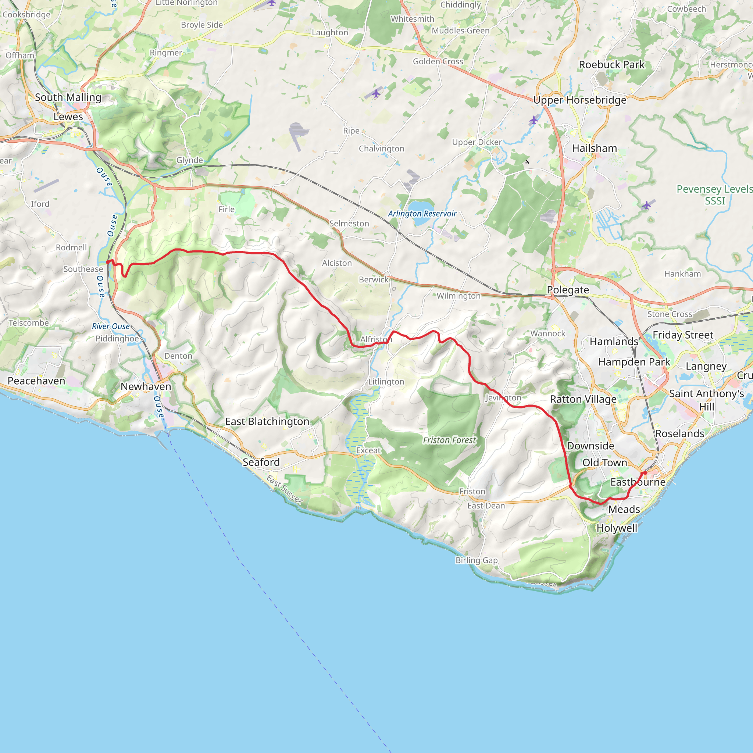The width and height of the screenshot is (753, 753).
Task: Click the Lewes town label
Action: pyautogui.click(x=68, y=117)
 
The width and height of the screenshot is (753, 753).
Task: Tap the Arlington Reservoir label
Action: pyautogui.click(x=422, y=214)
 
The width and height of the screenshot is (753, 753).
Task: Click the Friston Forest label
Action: pyautogui.click(x=449, y=440)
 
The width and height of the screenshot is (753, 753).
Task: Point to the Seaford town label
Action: pyautogui.click(x=261, y=462)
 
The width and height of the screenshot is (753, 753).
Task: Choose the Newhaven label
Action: pyautogui.click(x=146, y=386)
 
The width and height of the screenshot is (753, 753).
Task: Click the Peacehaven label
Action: pyautogui.click(x=36, y=381)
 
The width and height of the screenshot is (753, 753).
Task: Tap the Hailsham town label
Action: pyautogui.click(x=595, y=148)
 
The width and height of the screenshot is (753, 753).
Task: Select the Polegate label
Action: pyautogui.click(x=568, y=290)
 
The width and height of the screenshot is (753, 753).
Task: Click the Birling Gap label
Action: pyautogui.click(x=476, y=560)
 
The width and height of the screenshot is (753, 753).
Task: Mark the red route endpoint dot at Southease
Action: pyautogui.click(x=108, y=262)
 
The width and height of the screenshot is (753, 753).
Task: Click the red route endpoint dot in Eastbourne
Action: pyautogui.click(x=645, y=473)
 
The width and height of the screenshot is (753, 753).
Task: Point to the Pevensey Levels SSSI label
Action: pyautogui.click(x=714, y=195)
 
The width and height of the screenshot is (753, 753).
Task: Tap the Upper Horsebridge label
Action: pyautogui.click(x=579, y=100)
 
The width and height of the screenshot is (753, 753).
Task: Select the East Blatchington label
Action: pyautogui.click(x=267, y=421)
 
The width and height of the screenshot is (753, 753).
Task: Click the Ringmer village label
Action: pyautogui.click(x=166, y=53)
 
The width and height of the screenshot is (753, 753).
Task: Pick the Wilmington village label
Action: pyautogui.click(x=458, y=296)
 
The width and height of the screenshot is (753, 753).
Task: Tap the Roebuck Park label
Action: pyautogui.click(x=611, y=65)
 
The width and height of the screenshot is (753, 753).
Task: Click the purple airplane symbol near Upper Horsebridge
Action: pyautogui.click(x=533, y=121)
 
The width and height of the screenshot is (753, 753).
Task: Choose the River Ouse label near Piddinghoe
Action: pyautogui.click(x=111, y=326)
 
